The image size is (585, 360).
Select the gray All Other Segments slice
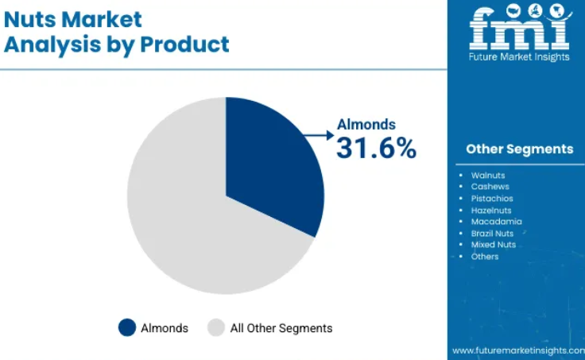pos(187,216)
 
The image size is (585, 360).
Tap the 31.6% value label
pos(376,148)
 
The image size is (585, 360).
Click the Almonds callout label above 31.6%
pos(366,125)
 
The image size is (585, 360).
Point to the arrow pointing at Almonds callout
pos(319,135)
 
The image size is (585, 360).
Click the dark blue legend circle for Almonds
pos(127,327)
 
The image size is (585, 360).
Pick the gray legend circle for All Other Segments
pos(216,327)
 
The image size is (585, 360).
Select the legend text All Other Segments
pos(281,328)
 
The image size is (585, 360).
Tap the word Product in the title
pos(184,45)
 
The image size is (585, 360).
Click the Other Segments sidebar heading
pos(519,149)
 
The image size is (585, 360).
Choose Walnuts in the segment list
pos(488,176)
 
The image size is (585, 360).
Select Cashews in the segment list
pos(490,187)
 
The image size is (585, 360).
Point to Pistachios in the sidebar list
pos(492,199)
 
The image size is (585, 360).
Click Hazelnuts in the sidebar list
pos(491,211)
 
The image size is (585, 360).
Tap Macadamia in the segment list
pos(496,222)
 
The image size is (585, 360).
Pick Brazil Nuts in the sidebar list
pos(492,234)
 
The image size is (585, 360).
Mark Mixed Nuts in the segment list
pos(494,245)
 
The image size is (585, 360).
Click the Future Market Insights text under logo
pos(519,56)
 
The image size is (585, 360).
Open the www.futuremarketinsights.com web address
pos(518,350)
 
